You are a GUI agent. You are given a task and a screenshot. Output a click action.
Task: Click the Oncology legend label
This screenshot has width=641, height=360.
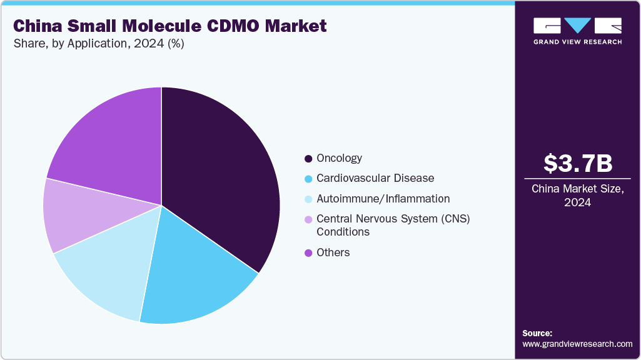339,158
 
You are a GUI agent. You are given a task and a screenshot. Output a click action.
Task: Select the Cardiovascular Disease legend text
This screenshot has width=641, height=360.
375,178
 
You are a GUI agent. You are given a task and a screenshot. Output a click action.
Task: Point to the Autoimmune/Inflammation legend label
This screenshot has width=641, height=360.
383,199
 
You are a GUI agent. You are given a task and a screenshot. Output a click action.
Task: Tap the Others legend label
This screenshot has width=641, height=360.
333,252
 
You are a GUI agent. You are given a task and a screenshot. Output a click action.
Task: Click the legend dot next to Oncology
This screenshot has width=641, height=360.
308,159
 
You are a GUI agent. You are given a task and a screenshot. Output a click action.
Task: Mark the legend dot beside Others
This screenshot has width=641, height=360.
308,253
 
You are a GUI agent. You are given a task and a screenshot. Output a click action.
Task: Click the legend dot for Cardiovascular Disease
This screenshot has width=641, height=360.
308,179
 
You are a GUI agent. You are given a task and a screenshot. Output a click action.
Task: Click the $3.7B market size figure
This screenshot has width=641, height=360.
577,163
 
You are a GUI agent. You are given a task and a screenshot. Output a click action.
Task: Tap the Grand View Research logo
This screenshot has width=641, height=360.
577,31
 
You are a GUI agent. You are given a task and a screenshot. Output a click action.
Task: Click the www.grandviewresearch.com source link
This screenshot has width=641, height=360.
577,344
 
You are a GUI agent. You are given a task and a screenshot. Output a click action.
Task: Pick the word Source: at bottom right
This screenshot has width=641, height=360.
537,333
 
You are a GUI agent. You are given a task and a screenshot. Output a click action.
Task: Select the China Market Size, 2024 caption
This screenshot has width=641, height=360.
577,196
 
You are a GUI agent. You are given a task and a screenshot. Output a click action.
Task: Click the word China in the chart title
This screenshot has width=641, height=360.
39,26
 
